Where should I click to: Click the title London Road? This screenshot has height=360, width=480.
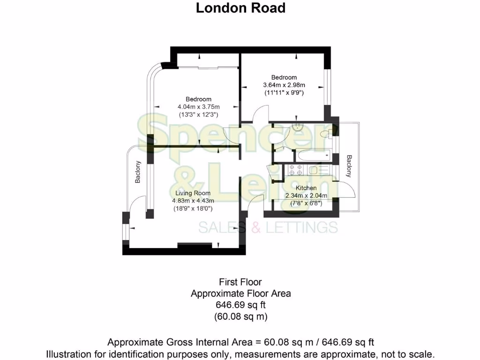(x=240, y=8)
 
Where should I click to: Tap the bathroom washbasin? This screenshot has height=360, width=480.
(x=297, y=127)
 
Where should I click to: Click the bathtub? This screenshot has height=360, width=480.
(x=313, y=156)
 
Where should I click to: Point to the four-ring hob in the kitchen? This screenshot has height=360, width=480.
(x=294, y=170)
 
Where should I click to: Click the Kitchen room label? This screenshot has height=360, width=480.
(x=306, y=187)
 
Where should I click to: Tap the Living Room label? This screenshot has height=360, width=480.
(x=193, y=193)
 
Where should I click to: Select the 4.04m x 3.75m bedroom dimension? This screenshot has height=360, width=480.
(x=198, y=107)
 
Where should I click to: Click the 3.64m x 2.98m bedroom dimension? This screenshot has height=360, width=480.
(x=284, y=85)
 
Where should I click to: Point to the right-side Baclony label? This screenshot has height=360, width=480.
(x=349, y=166)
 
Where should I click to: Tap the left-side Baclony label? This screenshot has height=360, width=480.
(x=138, y=172)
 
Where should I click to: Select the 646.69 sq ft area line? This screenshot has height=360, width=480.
(x=240, y=305)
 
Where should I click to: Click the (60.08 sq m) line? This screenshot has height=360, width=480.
(x=240, y=317)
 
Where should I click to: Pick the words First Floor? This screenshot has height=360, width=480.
(x=240, y=282)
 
